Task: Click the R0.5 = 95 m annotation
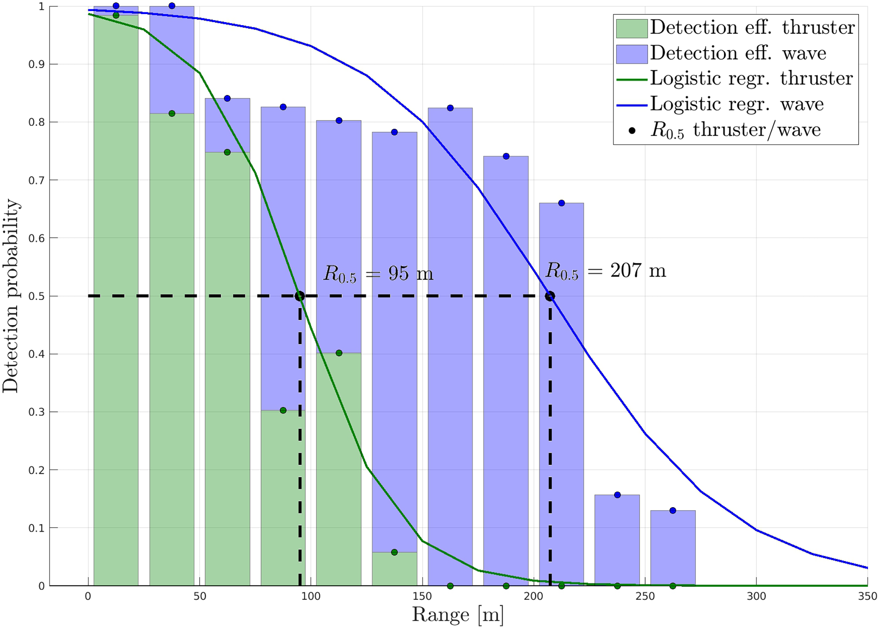coord(378,274)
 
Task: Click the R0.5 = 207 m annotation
coord(605,270)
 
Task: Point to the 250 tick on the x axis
coord(645,597)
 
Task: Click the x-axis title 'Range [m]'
coord(457,615)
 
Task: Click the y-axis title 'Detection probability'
coord(10,296)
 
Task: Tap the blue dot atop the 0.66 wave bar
coord(562,203)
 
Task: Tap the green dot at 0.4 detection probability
coord(339,353)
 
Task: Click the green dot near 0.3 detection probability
coord(283,410)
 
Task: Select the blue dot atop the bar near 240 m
coord(617,495)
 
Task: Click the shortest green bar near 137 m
coord(395,569)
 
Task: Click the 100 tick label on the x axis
coord(311,597)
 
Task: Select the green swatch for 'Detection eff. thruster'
coord(632,29)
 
